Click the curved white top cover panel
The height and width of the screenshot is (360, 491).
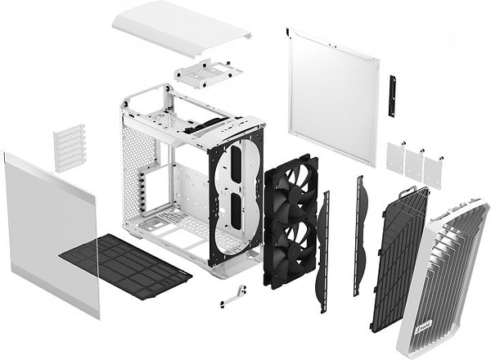coord(180,28)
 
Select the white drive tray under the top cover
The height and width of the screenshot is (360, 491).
coord(208,74)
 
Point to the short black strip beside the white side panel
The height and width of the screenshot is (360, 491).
coord(392,96)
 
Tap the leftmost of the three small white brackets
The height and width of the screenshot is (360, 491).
coord(396,159)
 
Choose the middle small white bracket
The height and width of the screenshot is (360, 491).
coord(414,165)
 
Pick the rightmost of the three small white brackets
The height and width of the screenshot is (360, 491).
coord(433,171)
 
